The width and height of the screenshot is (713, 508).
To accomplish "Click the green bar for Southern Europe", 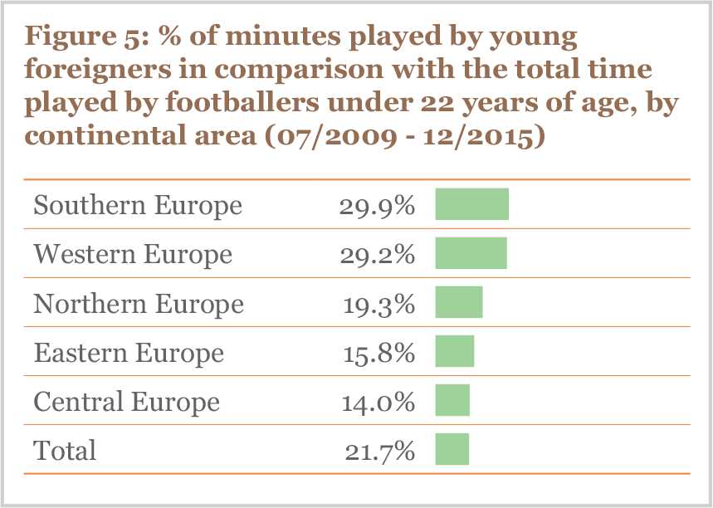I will (471, 204).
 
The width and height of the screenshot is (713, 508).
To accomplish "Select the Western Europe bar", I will (471, 253).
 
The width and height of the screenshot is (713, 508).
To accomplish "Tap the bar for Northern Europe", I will (458, 302).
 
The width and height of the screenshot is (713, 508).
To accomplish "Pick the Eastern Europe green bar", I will (454, 351).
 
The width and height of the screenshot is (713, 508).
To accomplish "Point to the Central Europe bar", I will (452, 400).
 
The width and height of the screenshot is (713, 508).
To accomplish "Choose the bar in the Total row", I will (452, 449).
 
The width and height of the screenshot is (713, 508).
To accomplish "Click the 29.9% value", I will (376, 206).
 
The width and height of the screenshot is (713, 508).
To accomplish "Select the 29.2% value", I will (376, 255).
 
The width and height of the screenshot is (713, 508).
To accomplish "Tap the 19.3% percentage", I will (378, 304).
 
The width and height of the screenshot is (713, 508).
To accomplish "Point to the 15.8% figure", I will (378, 353).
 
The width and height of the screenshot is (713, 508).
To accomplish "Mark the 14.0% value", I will (378, 402).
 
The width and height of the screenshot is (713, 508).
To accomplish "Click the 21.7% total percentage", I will (379, 451).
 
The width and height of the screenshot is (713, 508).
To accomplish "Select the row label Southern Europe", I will (138, 205).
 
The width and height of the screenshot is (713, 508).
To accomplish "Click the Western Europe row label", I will (133, 254).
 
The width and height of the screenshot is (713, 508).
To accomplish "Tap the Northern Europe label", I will (139, 304).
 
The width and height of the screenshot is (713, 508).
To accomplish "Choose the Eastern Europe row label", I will (129, 353).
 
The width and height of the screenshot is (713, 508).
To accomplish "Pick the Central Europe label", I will (126, 402).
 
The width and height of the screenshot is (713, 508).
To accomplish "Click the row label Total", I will (65, 451).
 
